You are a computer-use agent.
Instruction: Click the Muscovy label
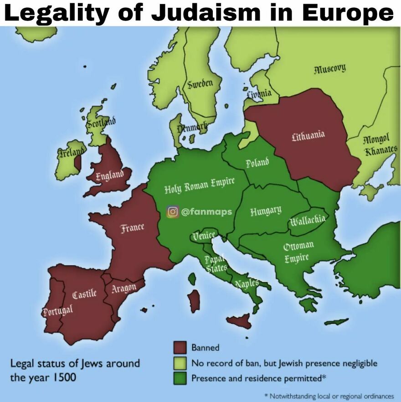click(x=329, y=69)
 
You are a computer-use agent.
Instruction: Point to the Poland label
click(x=257, y=163)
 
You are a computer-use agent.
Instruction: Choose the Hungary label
click(x=265, y=211)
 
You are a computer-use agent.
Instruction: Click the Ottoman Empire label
click(x=298, y=252)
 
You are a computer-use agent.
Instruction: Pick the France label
click(x=132, y=227)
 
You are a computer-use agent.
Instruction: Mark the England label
click(x=109, y=175)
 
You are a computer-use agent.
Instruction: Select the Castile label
click(x=84, y=294)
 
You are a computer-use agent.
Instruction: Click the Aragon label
click(x=124, y=288)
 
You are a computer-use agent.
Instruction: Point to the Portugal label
click(x=57, y=311)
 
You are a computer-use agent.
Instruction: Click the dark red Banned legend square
click(x=180, y=348)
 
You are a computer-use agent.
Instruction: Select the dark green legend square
click(x=180, y=379)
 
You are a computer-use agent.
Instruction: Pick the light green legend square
click(x=180, y=363)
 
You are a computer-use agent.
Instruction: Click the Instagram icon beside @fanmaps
click(x=172, y=211)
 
